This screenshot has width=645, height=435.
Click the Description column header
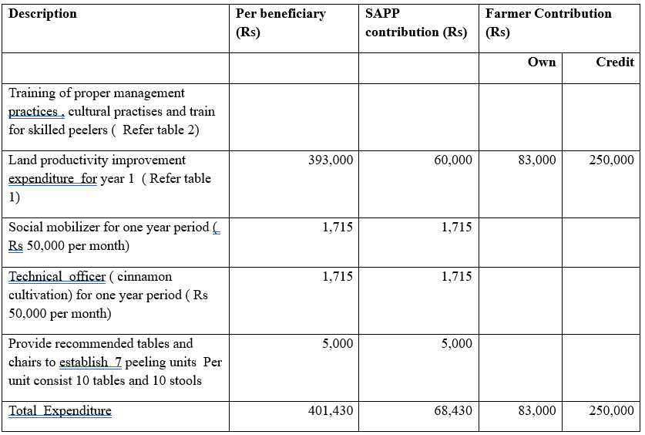[42, 14]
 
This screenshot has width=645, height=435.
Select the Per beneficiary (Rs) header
[281, 22]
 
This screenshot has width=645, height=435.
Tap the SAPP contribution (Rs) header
[416, 22]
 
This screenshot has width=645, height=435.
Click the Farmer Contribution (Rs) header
[549, 22]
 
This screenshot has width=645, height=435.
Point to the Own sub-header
[542, 62]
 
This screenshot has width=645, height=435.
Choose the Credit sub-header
[615, 62]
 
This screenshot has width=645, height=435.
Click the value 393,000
[331, 160]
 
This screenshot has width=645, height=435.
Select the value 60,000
[453, 160]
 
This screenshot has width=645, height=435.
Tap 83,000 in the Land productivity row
[537, 160]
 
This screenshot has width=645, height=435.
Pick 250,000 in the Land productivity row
[611, 160]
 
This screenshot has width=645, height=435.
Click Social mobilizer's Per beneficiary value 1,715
[338, 228]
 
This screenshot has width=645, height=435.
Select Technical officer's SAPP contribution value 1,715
[457, 277]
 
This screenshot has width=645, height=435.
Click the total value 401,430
[331, 411]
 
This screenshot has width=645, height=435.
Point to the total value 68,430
[453, 411]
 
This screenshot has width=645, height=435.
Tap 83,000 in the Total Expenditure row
[537, 411]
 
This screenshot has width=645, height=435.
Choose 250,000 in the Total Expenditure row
[611, 411]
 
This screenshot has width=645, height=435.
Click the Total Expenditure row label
[60, 411]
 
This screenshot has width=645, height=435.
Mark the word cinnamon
[145, 277]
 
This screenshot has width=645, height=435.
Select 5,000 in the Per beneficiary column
[338, 344]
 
